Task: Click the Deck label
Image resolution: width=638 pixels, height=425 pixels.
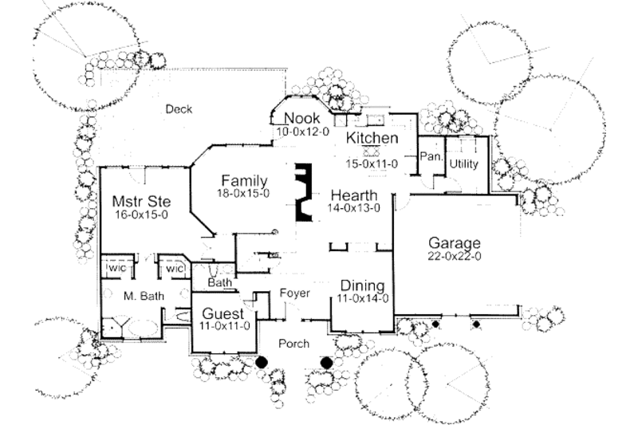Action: tap(179, 109)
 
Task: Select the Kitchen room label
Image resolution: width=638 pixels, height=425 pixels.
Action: tap(372, 138)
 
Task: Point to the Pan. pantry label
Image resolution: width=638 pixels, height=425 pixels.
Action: tap(431, 156)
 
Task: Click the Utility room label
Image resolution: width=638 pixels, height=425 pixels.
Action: tap(463, 163)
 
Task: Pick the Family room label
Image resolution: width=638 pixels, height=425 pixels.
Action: tap(244, 180)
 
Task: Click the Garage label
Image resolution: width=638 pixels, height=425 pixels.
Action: tap(455, 243)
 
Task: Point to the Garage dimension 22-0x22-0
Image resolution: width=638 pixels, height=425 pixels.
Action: tap(455, 256)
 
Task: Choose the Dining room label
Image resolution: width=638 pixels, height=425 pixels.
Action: tap(364, 286)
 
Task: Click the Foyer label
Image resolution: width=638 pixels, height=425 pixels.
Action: tap(295, 293)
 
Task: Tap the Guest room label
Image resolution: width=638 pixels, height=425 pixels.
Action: tap(223, 313)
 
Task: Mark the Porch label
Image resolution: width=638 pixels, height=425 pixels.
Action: tap(294, 343)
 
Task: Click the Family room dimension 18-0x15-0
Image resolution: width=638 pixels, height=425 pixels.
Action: tap(244, 193)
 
